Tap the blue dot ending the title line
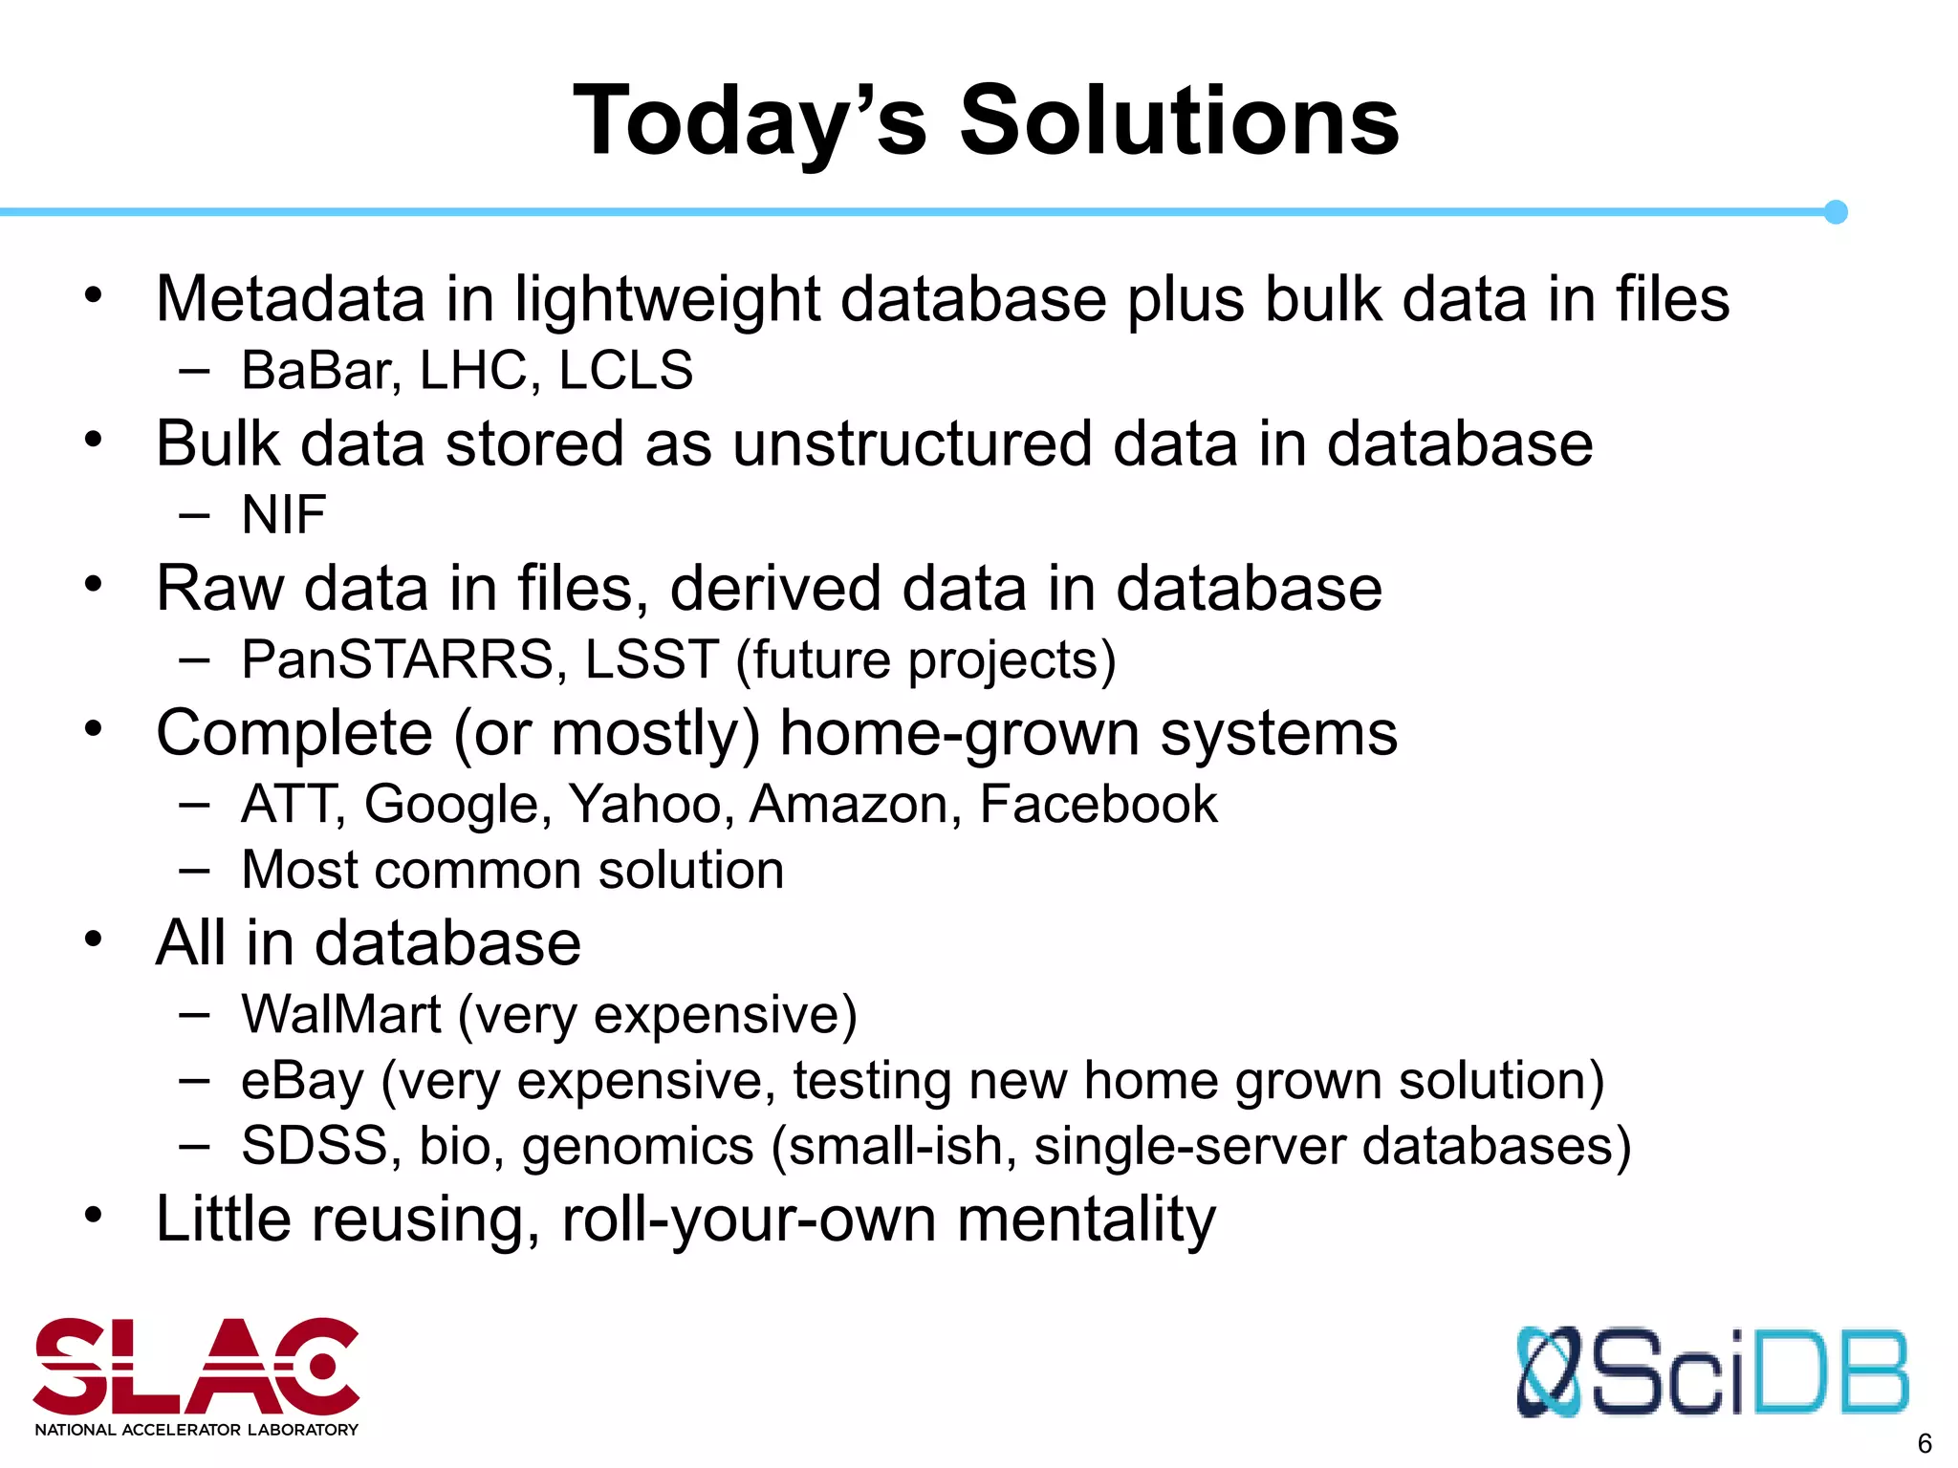1835,212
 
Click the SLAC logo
196,1375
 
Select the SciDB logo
1711,1371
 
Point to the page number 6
1925,1443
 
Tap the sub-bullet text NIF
284,515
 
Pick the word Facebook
1098,804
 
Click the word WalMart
341,1014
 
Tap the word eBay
302,1082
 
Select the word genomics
638,1147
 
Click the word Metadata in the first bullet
290,299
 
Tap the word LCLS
625,371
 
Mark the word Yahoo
646,805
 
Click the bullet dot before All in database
93,939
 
